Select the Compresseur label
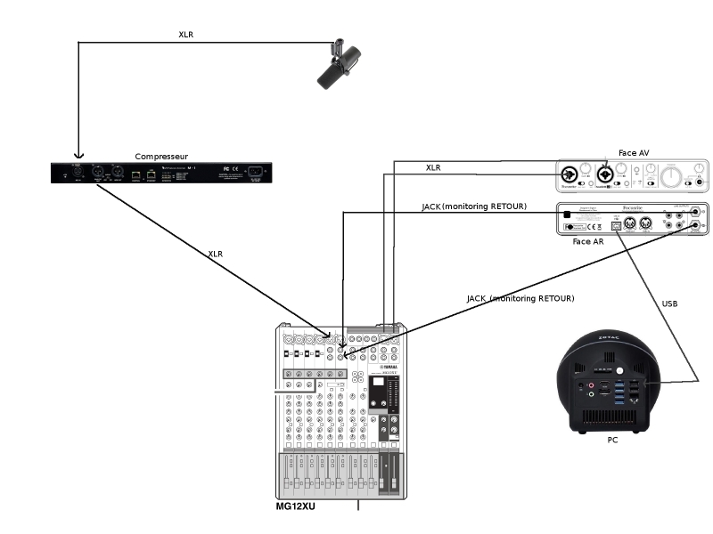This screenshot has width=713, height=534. click(x=161, y=156)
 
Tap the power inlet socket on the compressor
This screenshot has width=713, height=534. click(x=258, y=173)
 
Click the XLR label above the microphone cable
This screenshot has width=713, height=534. click(x=185, y=35)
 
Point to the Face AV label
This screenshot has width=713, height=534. click(x=633, y=153)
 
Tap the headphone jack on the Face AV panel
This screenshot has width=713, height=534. click(x=700, y=182)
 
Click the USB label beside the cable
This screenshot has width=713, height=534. click(x=669, y=303)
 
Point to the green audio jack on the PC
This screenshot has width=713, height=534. click(x=590, y=394)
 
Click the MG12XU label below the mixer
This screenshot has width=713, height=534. click(x=296, y=506)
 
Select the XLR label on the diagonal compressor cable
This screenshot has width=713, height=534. click(x=215, y=254)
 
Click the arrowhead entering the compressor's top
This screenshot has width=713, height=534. click(x=78, y=152)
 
